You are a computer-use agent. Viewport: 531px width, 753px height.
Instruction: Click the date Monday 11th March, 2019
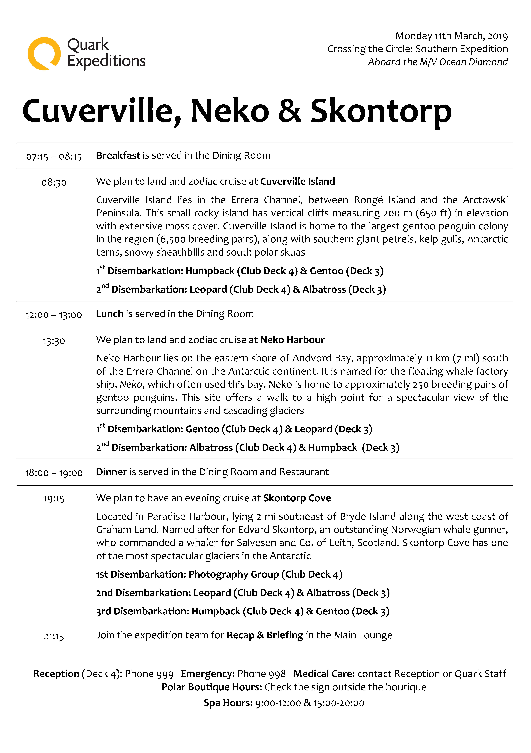[x=451, y=36]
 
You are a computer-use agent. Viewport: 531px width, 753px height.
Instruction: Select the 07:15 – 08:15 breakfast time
[x=54, y=156]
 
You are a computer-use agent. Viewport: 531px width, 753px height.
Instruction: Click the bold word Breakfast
[x=118, y=155]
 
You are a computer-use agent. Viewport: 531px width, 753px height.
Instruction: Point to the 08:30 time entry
[x=54, y=182]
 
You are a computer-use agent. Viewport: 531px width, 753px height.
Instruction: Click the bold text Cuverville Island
[x=297, y=181]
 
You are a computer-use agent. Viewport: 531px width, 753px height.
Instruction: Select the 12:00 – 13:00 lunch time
[x=54, y=315]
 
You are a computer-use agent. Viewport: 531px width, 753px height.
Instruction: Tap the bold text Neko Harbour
[x=292, y=340]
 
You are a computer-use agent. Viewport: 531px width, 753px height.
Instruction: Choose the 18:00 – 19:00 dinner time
[x=54, y=473]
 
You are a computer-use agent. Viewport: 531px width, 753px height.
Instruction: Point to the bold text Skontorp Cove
[x=297, y=498]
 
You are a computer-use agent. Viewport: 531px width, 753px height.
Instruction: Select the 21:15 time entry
[x=54, y=636]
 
